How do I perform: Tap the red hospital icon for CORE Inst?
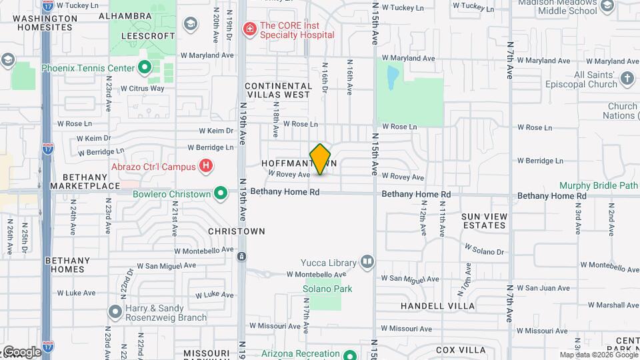249,29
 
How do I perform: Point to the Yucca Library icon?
367,261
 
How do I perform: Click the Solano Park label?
327,289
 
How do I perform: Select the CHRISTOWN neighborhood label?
237,231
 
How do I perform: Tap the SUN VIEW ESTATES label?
484,221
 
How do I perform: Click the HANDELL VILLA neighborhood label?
438,306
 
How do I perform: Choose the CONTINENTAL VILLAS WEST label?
277,90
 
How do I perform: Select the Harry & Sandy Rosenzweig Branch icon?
115,311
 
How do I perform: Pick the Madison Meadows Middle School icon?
607,7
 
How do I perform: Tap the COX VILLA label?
461,350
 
